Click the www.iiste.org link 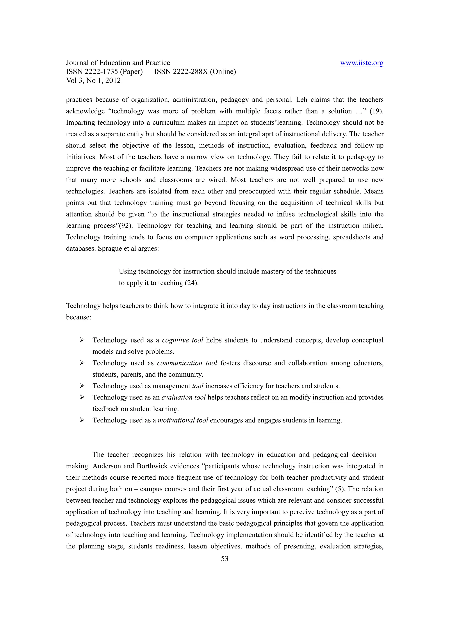pyautogui.click(x=361, y=63)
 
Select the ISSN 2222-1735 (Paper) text pyautogui.click(x=104, y=72)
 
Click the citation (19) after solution pyautogui.click(x=376, y=111)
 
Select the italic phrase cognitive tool pyautogui.click(x=183, y=340)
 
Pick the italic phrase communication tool pyautogui.click(x=187, y=363)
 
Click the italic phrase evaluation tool pyautogui.click(x=184, y=397)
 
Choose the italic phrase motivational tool pyautogui.click(x=183, y=420)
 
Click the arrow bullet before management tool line pyautogui.click(x=82, y=386)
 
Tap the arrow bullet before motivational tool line pyautogui.click(x=82, y=420)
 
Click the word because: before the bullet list pyautogui.click(x=78, y=317)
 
